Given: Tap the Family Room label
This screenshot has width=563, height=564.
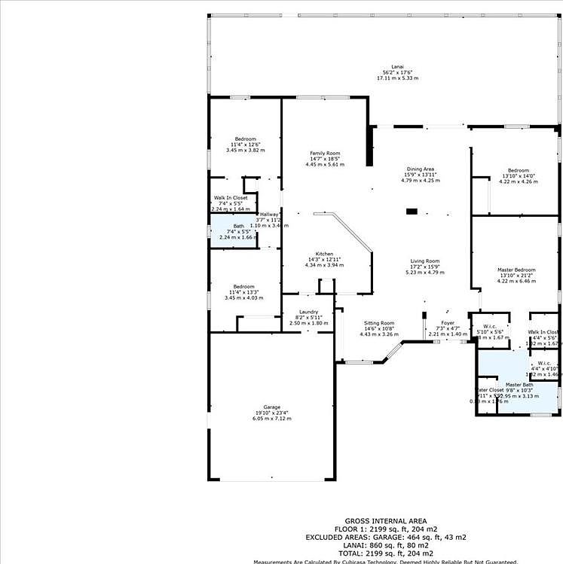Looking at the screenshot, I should point(325,154).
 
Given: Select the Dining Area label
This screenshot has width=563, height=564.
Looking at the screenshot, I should point(419,169).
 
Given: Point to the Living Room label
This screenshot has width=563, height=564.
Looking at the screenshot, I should point(424,261).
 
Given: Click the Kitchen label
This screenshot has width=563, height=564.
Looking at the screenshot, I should point(324,254).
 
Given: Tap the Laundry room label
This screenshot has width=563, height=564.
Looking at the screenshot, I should point(308,312).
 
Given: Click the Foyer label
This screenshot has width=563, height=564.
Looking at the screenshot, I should point(448,323).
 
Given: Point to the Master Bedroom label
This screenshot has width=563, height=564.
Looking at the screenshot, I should point(516,270).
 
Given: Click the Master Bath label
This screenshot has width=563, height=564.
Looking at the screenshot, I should point(519,385).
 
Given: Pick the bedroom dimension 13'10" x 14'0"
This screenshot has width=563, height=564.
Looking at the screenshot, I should point(519,176).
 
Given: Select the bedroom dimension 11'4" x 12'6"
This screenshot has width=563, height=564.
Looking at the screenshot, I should point(245,145).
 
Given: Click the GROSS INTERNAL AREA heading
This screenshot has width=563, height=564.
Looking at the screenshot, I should point(386,521).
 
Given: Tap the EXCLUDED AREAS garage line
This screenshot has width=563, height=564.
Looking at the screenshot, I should point(386,537).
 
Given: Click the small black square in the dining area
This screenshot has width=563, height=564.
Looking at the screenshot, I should point(412,212).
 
